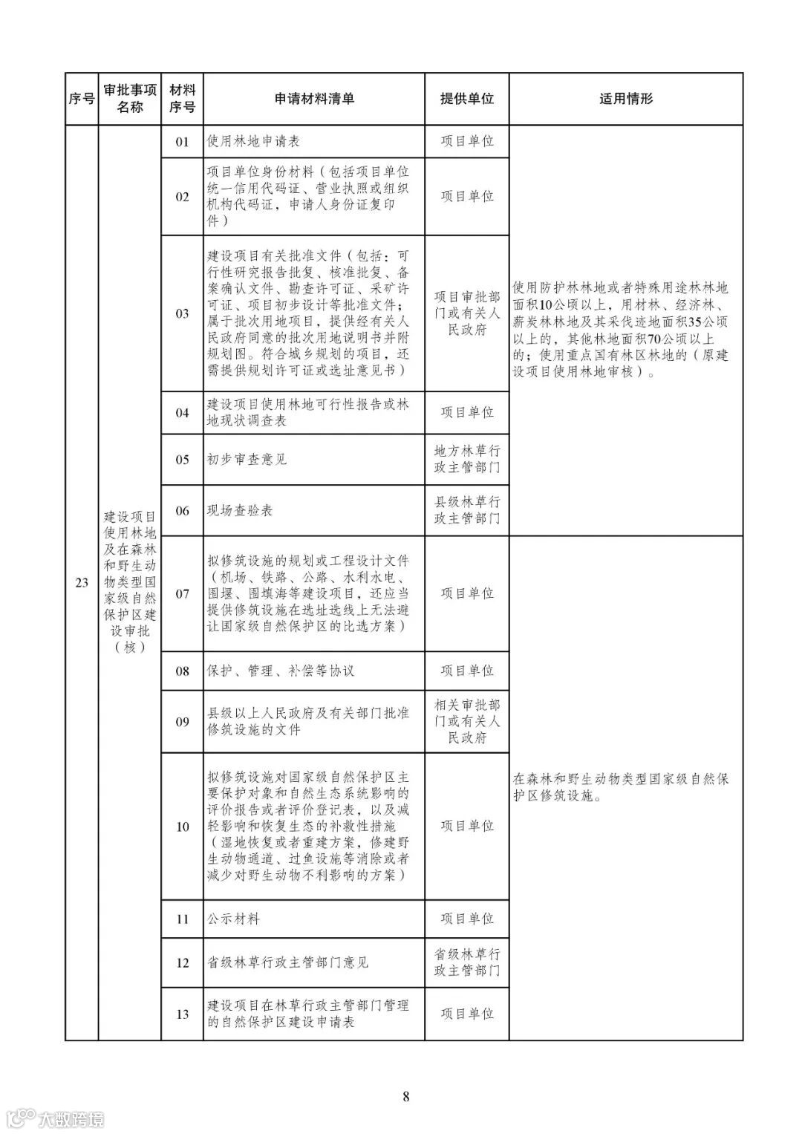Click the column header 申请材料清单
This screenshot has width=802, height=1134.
click(x=314, y=99)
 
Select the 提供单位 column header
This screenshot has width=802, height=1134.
click(x=466, y=99)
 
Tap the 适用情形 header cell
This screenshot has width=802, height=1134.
click(x=626, y=99)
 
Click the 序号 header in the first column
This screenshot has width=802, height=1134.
click(x=82, y=99)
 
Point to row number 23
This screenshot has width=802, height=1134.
click(x=82, y=583)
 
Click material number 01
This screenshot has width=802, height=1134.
click(x=182, y=142)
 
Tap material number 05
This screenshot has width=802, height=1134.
click(x=182, y=460)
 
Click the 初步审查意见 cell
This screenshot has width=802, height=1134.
click(x=247, y=460)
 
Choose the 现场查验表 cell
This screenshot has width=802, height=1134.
click(x=240, y=511)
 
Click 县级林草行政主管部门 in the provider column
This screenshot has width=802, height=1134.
click(x=466, y=510)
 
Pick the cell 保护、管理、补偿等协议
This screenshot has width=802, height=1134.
click(x=281, y=671)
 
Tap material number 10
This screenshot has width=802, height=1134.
click(x=182, y=827)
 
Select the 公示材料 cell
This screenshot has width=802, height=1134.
click(x=233, y=919)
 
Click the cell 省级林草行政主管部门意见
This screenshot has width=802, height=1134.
click(x=287, y=963)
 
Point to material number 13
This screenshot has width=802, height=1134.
click(x=182, y=1014)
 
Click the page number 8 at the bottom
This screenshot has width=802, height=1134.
click(x=405, y=1096)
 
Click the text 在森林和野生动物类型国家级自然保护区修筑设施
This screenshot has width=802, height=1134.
click(x=620, y=788)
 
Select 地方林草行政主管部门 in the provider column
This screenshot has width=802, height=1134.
click(x=466, y=459)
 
